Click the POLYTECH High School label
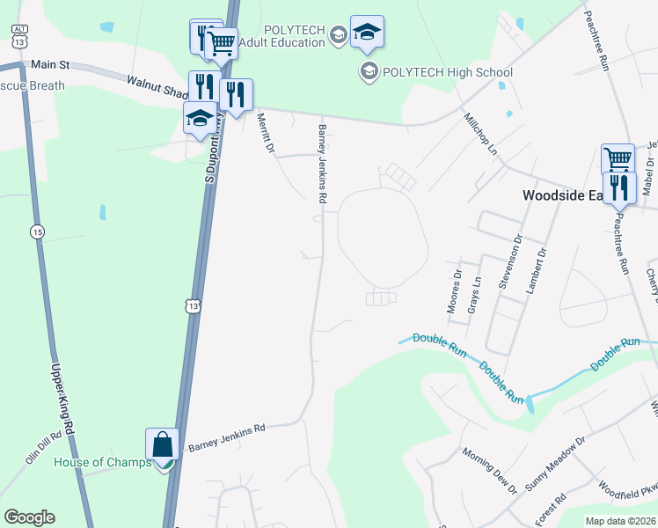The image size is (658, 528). click(x=448, y=72)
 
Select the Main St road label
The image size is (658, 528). click(x=49, y=64)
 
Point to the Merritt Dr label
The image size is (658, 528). click(x=265, y=131)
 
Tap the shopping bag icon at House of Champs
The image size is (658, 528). click(x=164, y=444)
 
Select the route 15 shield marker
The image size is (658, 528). click(x=36, y=231)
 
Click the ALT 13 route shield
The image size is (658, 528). click(x=19, y=37)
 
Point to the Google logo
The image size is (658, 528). click(x=29, y=517)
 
